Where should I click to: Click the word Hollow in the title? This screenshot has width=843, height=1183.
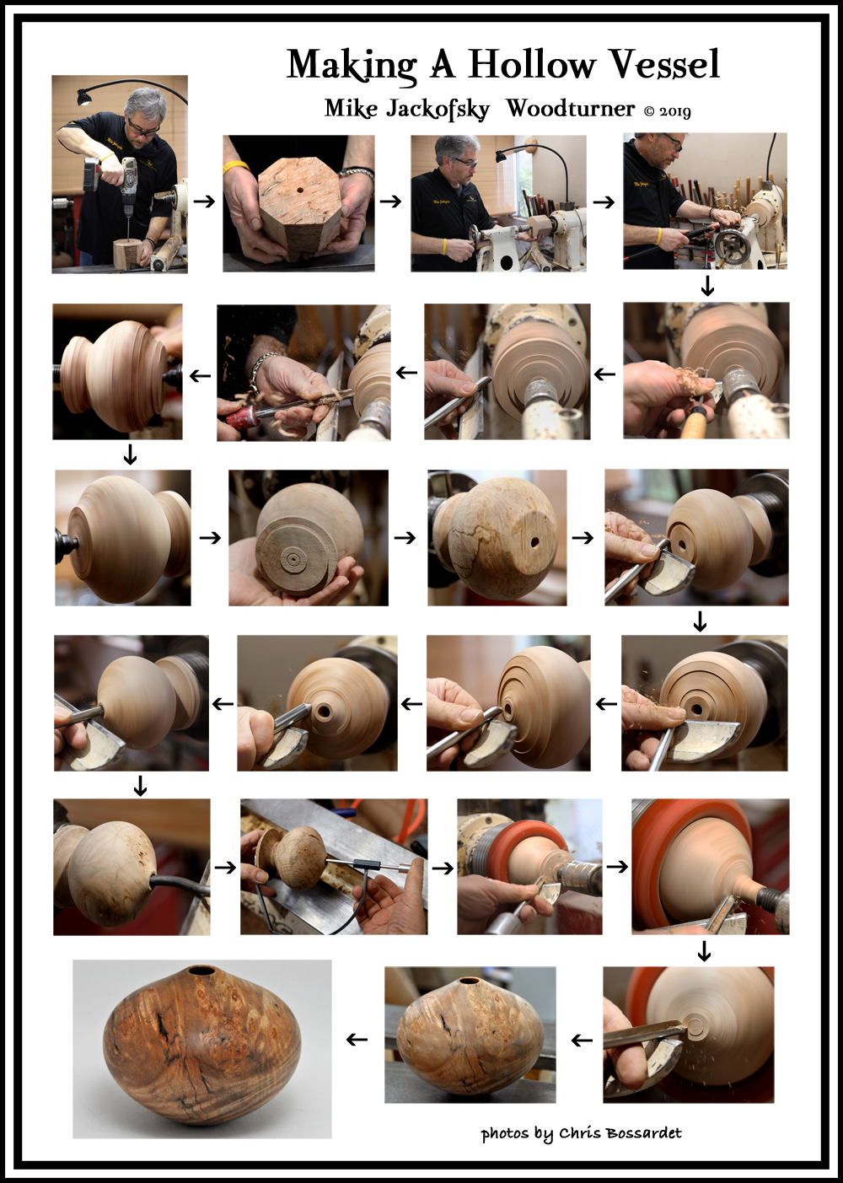click(x=531, y=64)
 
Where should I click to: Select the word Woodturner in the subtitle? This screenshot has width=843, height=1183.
click(x=570, y=109)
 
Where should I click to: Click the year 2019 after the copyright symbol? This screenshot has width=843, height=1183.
click(x=674, y=111)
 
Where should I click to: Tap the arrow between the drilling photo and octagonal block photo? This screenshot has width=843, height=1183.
click(x=204, y=202)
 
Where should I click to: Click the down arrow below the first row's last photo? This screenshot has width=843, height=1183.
click(x=707, y=286)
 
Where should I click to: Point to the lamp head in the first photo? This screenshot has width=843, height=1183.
click(x=83, y=98)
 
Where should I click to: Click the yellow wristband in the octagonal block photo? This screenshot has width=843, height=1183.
click(x=234, y=167)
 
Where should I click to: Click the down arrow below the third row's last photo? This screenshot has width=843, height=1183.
click(x=700, y=621)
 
